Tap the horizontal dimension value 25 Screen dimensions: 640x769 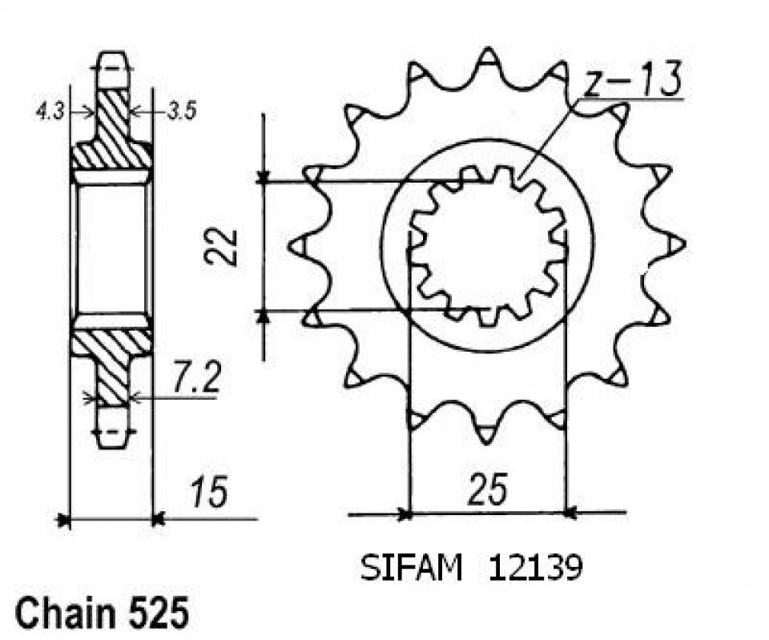(487, 490)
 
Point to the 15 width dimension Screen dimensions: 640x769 (209, 492)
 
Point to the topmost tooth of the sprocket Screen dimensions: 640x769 (487, 60)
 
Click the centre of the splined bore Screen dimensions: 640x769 (487, 246)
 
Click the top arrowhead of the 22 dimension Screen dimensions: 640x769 (262, 177)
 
